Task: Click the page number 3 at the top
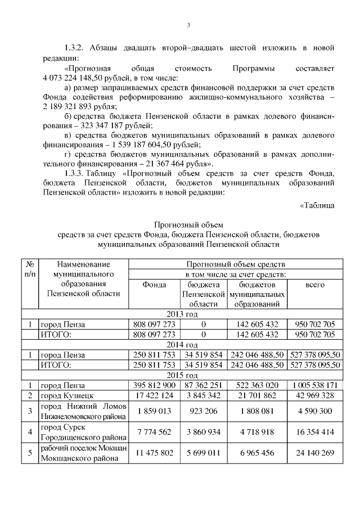coord(188,25)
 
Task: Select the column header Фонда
coord(154,285)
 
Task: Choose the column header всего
coord(314,285)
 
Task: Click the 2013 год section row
coord(183,314)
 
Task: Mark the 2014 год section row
coord(183,344)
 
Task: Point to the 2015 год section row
coord(183,375)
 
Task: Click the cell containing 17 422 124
coord(154,396)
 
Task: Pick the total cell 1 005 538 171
coord(314,386)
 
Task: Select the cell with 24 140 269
coord(314,453)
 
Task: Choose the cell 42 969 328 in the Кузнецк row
coord(314,396)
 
